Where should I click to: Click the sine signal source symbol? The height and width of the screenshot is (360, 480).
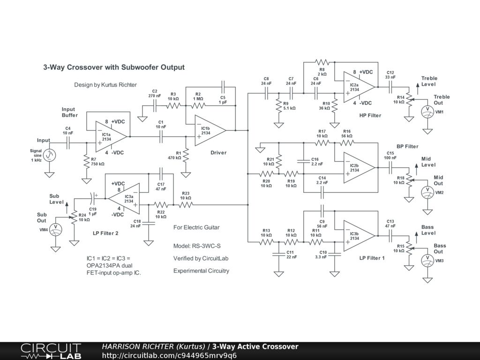coord(49,155)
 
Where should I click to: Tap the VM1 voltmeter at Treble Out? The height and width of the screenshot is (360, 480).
coord(427,112)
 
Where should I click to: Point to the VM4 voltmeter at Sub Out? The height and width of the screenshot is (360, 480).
coord(55,230)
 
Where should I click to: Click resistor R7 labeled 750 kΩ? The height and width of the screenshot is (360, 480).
coord(87,161)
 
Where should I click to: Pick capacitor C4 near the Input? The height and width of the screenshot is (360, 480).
coord(68,142)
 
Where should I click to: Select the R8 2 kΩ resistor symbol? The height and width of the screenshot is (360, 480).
coord(322,62)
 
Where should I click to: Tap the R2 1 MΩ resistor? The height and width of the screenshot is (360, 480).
coord(198,105)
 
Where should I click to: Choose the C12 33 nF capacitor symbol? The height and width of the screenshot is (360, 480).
coord(390,87)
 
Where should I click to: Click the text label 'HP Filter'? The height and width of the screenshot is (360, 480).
coord(370,115)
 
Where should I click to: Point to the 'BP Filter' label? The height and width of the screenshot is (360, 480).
coord(407,146)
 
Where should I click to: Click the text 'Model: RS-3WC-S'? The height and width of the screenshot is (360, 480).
coord(197,246)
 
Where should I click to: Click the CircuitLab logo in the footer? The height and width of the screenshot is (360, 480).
coord(51,351)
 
